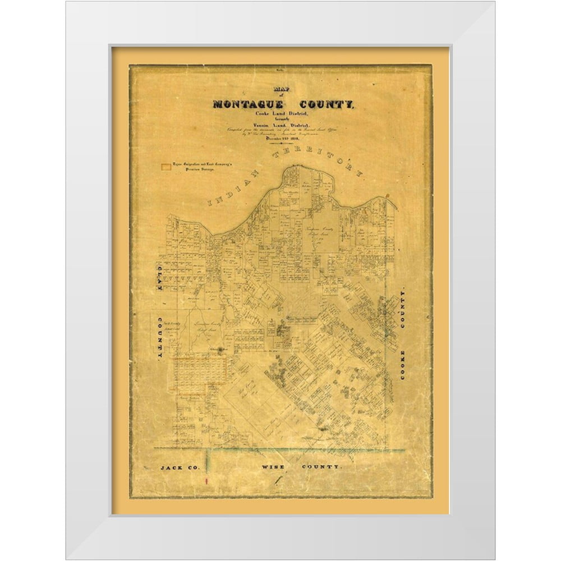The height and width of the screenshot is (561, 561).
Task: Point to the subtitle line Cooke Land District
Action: [280, 114]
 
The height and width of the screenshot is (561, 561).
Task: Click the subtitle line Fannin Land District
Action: [280, 127]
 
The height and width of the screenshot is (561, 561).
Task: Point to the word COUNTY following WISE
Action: [320, 467]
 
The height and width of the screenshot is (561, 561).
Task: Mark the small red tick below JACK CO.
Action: [207, 481]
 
